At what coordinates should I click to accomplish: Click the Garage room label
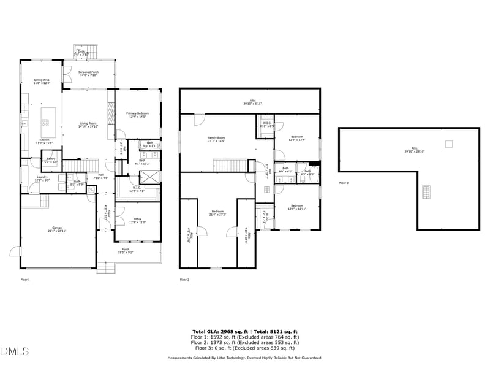58,230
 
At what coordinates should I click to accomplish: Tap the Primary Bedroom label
138,115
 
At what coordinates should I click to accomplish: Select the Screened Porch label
88,74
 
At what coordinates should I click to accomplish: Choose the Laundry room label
42,180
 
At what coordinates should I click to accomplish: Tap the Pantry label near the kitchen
51,161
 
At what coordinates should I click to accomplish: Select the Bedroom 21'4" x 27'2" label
217,213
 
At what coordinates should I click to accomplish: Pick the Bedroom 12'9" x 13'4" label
297,138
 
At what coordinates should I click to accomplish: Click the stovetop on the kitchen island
45,123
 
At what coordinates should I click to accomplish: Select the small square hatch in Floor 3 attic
449,144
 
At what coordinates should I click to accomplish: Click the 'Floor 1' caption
25,279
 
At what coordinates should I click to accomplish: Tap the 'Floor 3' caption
344,183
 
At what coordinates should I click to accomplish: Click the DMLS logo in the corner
15,351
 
